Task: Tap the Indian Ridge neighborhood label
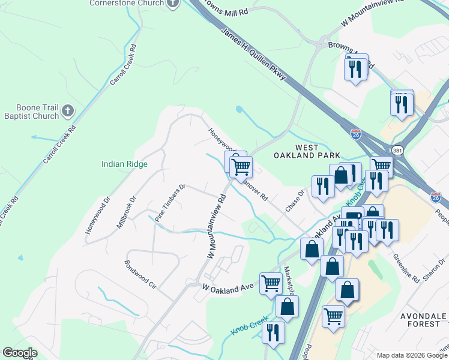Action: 124,164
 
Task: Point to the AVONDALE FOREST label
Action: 423,319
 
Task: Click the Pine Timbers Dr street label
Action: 170,203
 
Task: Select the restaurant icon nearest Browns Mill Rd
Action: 355,69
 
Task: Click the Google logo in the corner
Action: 20,353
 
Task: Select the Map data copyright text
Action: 411,355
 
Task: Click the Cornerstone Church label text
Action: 126,3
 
